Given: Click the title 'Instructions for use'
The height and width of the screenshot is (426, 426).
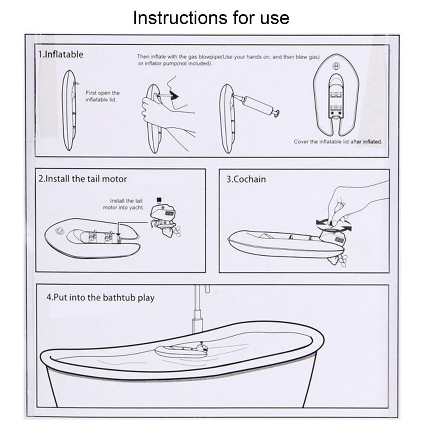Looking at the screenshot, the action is (211, 18).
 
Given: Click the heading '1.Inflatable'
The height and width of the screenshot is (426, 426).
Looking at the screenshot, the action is (60, 54).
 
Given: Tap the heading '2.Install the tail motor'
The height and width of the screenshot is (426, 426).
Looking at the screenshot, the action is (83, 179).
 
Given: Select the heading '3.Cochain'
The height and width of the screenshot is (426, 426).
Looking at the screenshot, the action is (246, 179).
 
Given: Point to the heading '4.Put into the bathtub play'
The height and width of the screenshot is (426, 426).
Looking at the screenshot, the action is (100, 297).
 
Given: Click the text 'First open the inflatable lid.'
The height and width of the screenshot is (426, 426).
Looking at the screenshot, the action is (103, 96).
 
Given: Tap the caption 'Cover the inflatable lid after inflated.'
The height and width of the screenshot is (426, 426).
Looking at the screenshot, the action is (338, 142).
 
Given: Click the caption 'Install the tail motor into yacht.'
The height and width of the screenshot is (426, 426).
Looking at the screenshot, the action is (123, 204).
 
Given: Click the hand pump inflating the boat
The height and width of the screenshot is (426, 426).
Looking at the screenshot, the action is (257, 105).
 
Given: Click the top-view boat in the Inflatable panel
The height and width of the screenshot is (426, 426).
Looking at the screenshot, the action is (336, 95).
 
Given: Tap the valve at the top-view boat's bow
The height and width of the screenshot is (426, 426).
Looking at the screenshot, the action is (336, 66).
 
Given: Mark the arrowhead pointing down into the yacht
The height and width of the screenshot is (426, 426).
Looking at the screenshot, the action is (118, 234).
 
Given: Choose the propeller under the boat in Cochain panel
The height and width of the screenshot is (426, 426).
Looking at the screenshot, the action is (339, 260).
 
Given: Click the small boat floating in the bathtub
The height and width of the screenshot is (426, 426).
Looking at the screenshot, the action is (181, 351).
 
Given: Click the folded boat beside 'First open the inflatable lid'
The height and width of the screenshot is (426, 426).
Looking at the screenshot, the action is (69, 110).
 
